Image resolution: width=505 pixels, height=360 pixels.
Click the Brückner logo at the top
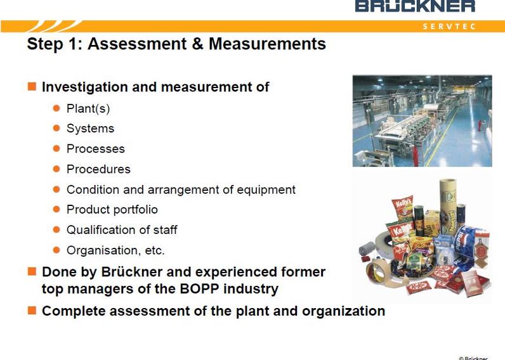click(415, 6)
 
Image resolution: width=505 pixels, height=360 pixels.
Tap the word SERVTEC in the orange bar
click(449, 27)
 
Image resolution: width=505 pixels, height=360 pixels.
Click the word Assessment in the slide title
click(137, 44)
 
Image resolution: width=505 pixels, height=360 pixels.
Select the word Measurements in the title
click(267, 44)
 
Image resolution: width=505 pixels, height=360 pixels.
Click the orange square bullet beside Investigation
click(32, 86)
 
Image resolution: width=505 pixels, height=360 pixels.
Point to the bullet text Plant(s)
click(88, 108)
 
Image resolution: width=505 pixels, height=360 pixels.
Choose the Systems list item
click(90, 129)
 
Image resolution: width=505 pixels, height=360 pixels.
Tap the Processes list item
click(96, 149)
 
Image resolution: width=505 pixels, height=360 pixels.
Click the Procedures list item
click(98, 169)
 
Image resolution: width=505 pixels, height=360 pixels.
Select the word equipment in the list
click(266, 190)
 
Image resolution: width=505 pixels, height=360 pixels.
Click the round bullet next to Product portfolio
click(56, 209)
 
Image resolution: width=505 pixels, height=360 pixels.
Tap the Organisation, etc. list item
click(115, 250)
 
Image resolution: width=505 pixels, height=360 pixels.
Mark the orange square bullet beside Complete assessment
click(32, 311)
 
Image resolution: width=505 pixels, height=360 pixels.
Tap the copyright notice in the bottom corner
click(473, 358)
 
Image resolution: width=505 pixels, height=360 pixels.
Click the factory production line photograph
click(423, 120)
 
